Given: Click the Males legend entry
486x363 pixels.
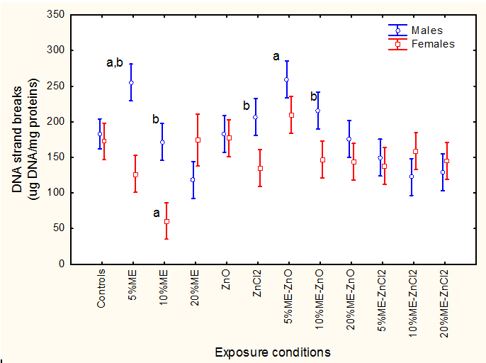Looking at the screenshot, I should click(x=425, y=30).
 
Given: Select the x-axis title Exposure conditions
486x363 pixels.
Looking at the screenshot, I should click(x=273, y=352).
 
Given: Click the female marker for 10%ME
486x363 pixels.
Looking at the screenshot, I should click(x=166, y=221).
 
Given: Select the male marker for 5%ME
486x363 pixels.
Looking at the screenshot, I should click(x=131, y=83).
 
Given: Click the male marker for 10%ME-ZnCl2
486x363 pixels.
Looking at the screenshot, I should click(x=412, y=177).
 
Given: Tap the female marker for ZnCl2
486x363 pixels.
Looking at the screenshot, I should click(x=260, y=168).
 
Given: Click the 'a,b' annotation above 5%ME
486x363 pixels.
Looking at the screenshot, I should click(x=115, y=63).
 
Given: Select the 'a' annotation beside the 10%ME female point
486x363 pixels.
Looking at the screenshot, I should click(x=157, y=212).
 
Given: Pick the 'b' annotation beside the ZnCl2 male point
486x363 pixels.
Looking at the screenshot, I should click(x=247, y=106).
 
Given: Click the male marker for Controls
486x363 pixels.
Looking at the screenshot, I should click(x=100, y=134).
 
